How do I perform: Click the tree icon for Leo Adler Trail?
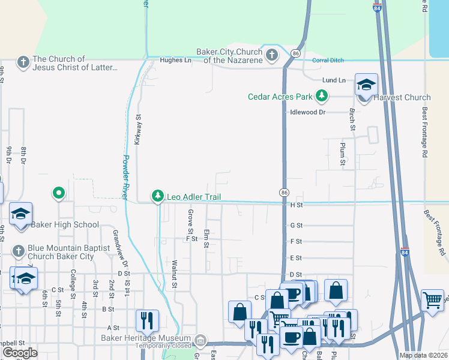tap(158, 196)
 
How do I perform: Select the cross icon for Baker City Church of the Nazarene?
tap(272, 56)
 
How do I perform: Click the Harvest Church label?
tap(402, 97)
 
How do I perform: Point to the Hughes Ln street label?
tap(175, 60)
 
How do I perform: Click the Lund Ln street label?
tap(334, 80)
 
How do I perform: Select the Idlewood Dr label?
tap(307, 112)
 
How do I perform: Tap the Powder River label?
tap(126, 178)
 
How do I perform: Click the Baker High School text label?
tap(65, 225)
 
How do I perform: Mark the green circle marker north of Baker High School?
tap(59, 193)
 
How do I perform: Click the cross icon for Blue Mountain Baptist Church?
tap(19, 250)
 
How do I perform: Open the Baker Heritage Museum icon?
tap(200, 340)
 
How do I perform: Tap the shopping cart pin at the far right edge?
tap(432, 300)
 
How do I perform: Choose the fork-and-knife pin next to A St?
tap(147, 321)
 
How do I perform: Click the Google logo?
tap(20, 353)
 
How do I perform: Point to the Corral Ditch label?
tap(327, 60)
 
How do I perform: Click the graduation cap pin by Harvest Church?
tap(366, 85)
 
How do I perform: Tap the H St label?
tap(294, 205)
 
